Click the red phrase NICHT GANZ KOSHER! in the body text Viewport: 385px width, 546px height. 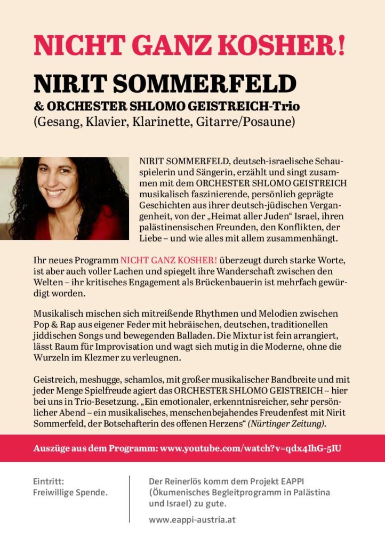tap(169, 260)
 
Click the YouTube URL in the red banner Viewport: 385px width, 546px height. tap(251, 448)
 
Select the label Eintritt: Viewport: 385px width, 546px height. tap(49, 481)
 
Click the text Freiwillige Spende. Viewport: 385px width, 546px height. tap(70, 493)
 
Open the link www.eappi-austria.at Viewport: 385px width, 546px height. tap(192, 519)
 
